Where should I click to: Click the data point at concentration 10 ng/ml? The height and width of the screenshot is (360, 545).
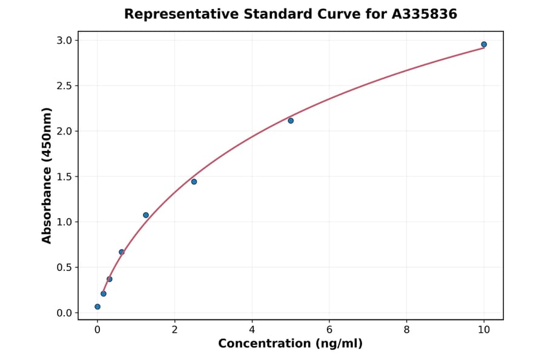[484, 44]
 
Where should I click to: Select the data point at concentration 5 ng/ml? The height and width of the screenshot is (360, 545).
[291, 121]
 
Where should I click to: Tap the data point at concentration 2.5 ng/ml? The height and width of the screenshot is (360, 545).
[194, 182]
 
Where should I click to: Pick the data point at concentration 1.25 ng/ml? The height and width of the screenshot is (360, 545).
[146, 215]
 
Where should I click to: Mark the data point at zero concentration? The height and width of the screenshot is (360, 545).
[97, 307]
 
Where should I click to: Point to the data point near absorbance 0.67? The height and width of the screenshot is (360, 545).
[122, 252]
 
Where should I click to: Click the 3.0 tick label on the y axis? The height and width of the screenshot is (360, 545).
[65, 41]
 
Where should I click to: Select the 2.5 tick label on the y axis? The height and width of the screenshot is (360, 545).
[65, 86]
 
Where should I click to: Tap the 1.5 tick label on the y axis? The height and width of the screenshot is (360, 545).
[65, 177]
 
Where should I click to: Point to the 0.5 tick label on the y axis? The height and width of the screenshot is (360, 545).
[65, 267]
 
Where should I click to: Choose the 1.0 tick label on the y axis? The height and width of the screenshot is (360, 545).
[65, 222]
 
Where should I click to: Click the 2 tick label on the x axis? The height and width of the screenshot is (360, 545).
[174, 330]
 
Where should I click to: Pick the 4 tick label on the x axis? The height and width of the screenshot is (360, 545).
[252, 330]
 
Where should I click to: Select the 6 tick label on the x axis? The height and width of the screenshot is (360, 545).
[329, 330]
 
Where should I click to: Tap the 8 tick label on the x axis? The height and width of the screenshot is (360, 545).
[406, 330]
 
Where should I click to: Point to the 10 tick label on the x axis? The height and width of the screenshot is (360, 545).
[484, 330]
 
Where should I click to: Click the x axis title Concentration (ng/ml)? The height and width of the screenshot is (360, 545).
[291, 344]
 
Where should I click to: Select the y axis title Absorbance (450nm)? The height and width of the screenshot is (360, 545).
[47, 175]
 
